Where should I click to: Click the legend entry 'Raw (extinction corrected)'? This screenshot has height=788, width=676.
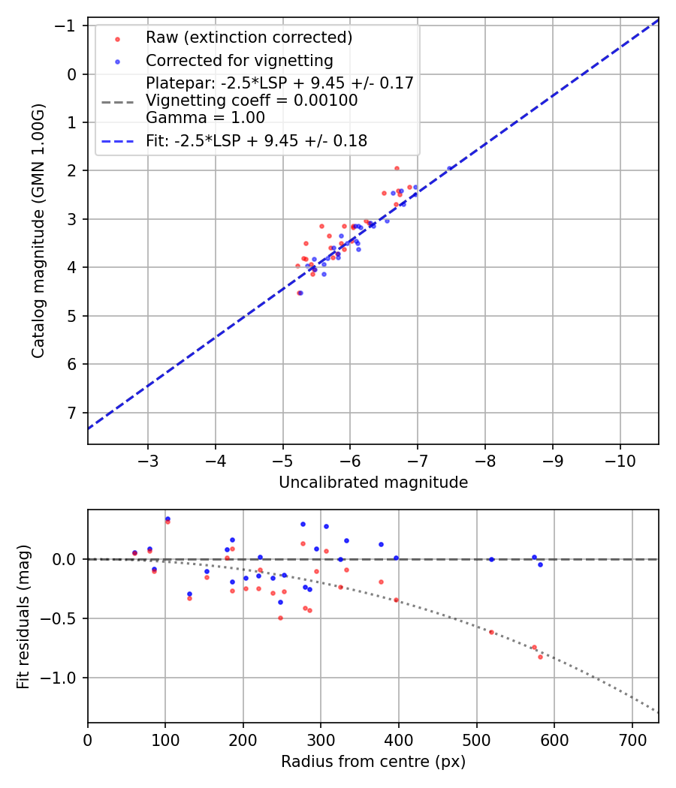point(249,38)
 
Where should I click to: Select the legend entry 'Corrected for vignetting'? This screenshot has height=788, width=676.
point(239,60)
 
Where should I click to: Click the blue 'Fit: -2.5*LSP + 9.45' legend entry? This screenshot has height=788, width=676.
point(256,141)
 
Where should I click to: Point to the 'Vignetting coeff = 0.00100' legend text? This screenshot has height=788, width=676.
point(252,101)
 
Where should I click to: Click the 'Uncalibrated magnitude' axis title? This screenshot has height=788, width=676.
point(373,483)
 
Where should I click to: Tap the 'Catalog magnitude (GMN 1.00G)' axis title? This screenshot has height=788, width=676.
point(38,231)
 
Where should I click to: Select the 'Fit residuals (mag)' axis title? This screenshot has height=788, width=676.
point(23,616)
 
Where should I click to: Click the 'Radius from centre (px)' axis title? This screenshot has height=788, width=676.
point(373,762)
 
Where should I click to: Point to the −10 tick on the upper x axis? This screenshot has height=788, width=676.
point(620,459)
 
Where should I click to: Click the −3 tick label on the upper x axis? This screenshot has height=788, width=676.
point(148,459)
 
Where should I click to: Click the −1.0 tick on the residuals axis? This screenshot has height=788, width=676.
point(65,678)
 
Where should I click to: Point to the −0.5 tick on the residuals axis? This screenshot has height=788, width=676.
point(65,618)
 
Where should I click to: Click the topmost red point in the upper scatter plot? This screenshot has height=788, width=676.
point(397,168)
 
